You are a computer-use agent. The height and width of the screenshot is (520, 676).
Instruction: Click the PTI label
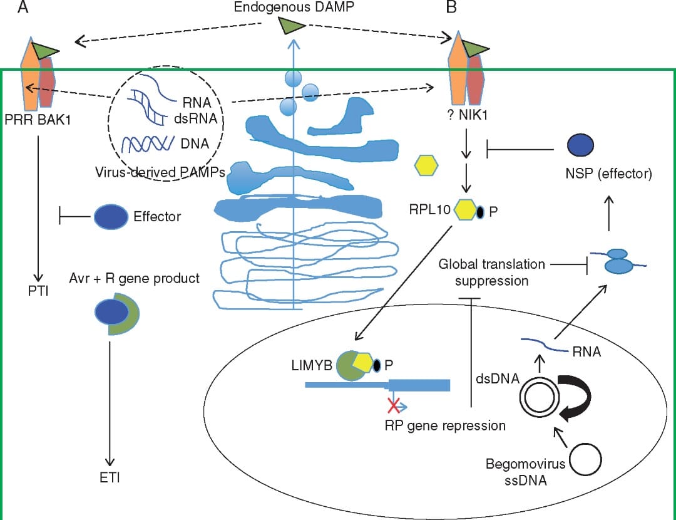coord(39,292)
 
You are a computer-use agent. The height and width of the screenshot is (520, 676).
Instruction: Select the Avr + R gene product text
coord(135,278)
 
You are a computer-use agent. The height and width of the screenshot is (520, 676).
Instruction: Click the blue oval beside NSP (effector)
coord(580,145)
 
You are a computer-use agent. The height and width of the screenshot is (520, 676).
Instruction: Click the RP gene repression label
coord(445,425)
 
